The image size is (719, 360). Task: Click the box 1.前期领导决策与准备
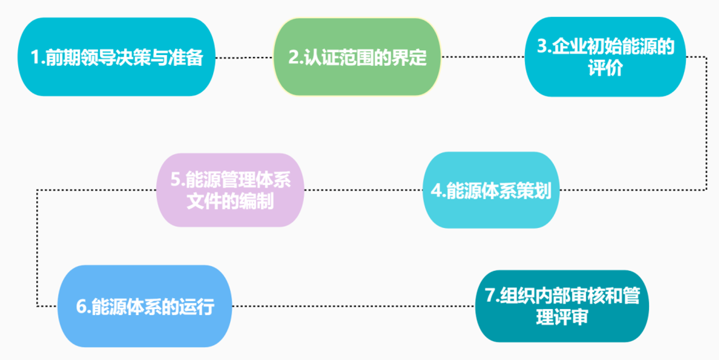coord(116,57)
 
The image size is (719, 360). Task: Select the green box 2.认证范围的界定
coord(357,57)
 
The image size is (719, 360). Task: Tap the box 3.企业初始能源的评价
coord(605,57)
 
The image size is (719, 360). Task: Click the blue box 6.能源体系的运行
coord(145,306)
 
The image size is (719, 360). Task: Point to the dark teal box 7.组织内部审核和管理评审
coord(561,306)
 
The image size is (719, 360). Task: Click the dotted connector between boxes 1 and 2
coord(244,57)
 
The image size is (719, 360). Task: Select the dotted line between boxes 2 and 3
coord(483,57)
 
